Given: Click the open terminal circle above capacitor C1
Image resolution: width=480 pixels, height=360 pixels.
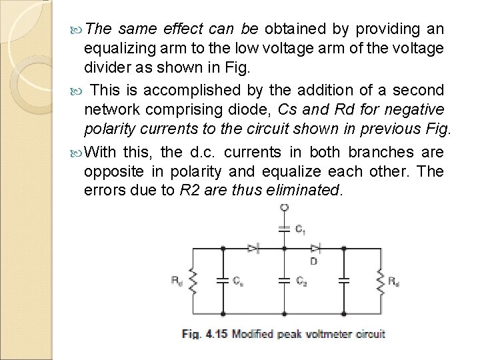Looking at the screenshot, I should pos(285,209).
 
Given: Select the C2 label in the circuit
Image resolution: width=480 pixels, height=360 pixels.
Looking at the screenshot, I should pos(301,281).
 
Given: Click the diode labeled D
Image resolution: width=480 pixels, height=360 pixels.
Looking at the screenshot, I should pos(315,248).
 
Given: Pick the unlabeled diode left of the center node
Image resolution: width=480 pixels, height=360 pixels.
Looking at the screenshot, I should pos(253,248).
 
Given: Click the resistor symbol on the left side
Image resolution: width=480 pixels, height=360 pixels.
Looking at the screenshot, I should pos(193,281).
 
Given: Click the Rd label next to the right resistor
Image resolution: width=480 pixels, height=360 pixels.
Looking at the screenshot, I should pos(394,281).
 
